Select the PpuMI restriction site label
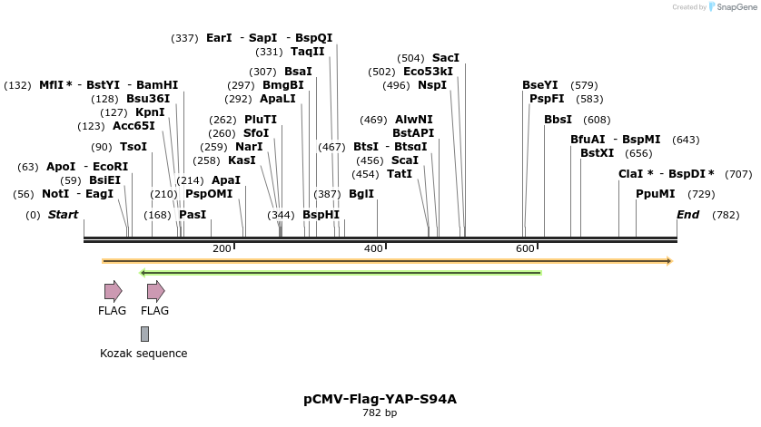[x=656, y=194]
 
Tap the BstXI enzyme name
[x=597, y=153]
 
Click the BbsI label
[x=558, y=120]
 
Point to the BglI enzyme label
[x=361, y=194]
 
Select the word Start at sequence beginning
[x=63, y=215]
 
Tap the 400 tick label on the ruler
[x=373, y=248]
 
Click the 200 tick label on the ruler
[x=222, y=248]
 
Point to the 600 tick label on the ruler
[x=525, y=248]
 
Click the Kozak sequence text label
[x=143, y=354]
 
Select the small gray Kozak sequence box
[x=144, y=335]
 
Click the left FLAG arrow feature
[x=113, y=291]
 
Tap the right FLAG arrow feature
[x=155, y=291]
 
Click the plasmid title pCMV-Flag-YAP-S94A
[x=380, y=399]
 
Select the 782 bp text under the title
[x=380, y=413]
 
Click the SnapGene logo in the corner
[x=732, y=7]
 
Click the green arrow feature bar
[x=341, y=272]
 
